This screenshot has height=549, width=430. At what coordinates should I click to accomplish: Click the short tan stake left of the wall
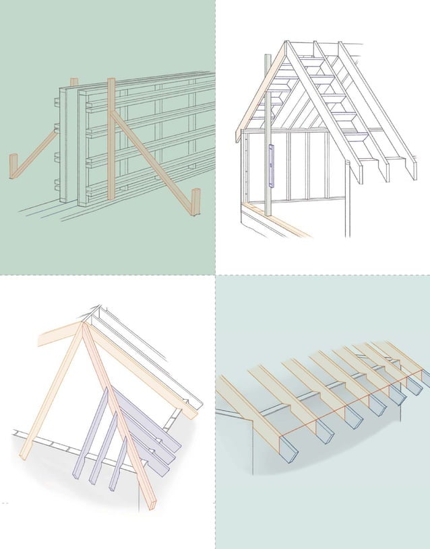[13, 166]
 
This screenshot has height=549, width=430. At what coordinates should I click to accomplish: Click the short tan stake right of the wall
[195, 202]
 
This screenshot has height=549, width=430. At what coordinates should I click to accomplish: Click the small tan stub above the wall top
[73, 82]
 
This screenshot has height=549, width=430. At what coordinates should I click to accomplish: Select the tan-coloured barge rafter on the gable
[259, 94]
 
